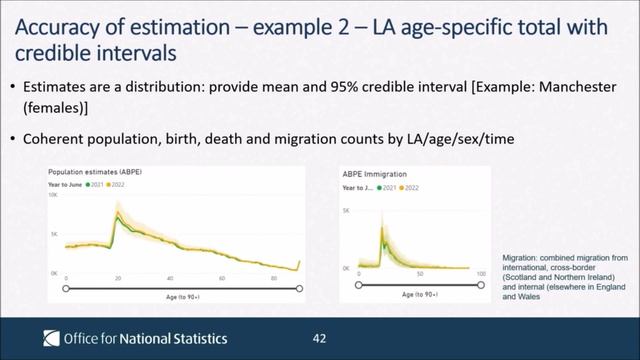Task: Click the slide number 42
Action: (x=320, y=338)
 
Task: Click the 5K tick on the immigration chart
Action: (x=346, y=212)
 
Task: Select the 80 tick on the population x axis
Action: (x=274, y=278)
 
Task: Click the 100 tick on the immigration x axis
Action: (x=481, y=273)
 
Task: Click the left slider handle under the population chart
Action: (x=66, y=287)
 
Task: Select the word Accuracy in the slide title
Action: (x=57, y=22)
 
